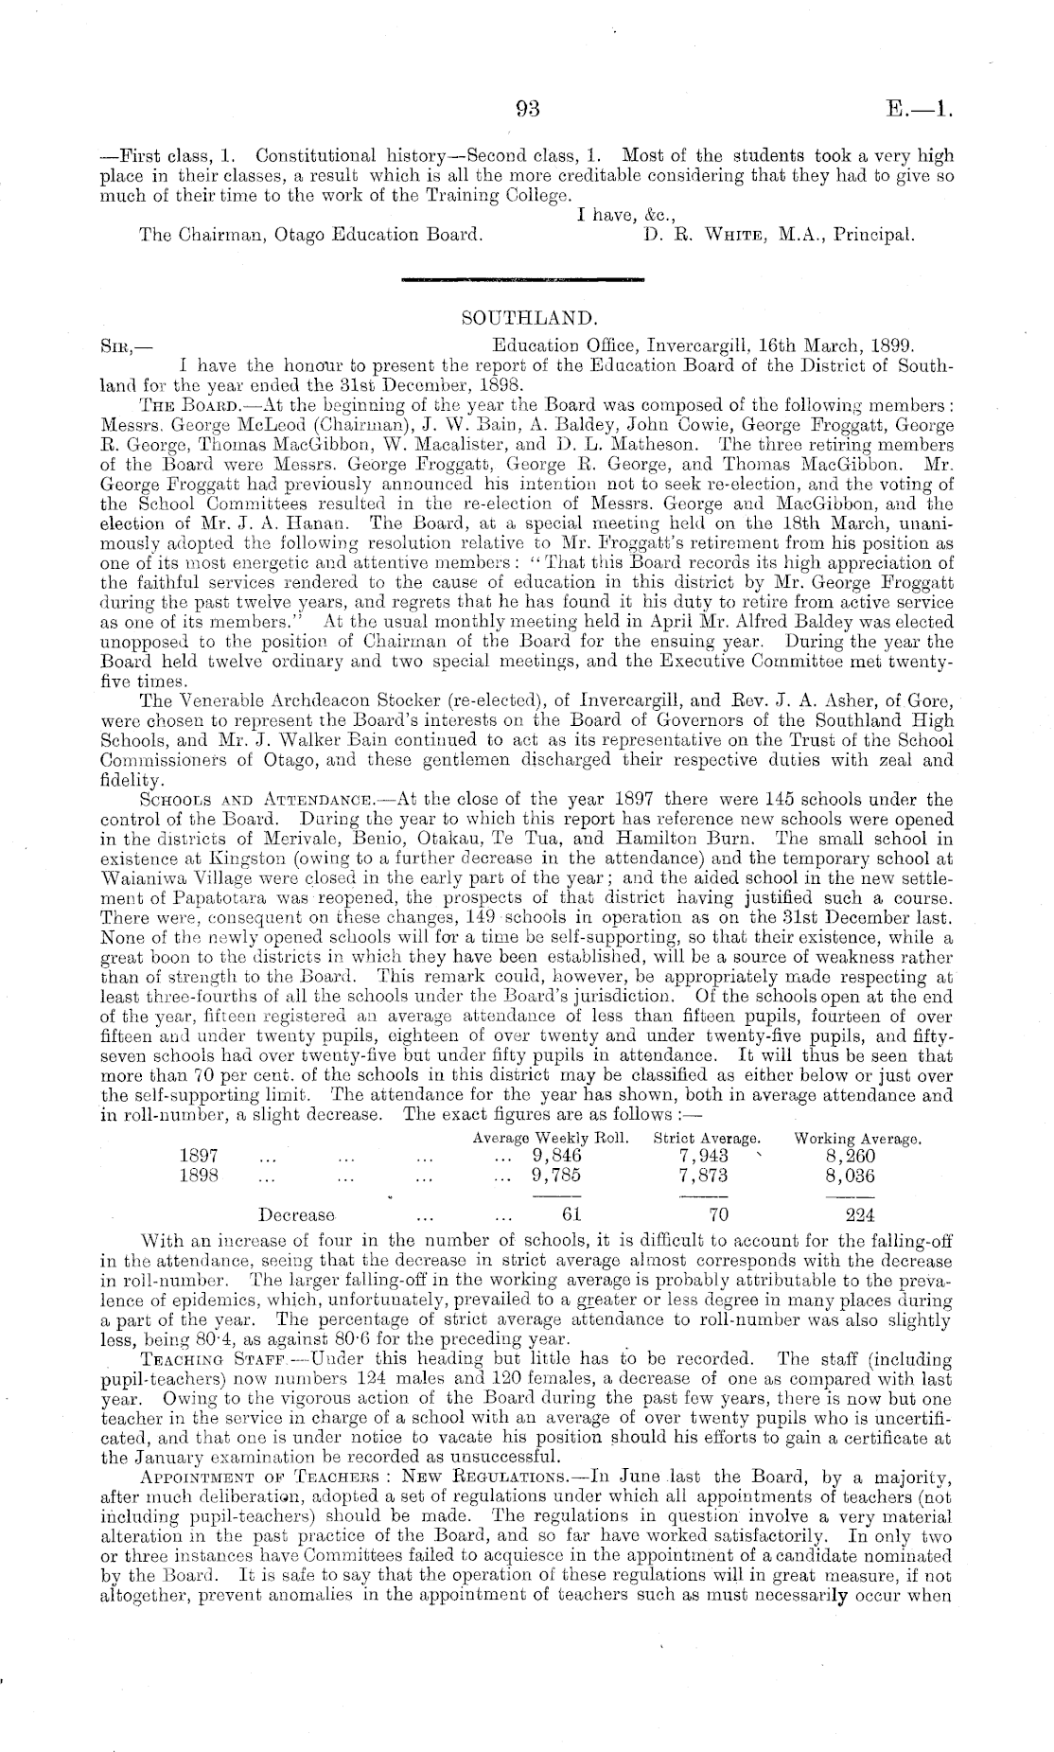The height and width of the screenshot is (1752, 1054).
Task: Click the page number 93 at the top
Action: coord(526,109)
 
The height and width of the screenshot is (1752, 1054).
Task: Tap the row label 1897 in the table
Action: coord(199,1156)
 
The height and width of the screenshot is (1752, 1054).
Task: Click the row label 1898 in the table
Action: coord(199,1176)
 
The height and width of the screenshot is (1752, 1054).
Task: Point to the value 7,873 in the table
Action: coord(705,1176)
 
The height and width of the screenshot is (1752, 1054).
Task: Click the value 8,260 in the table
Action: coord(851,1156)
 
